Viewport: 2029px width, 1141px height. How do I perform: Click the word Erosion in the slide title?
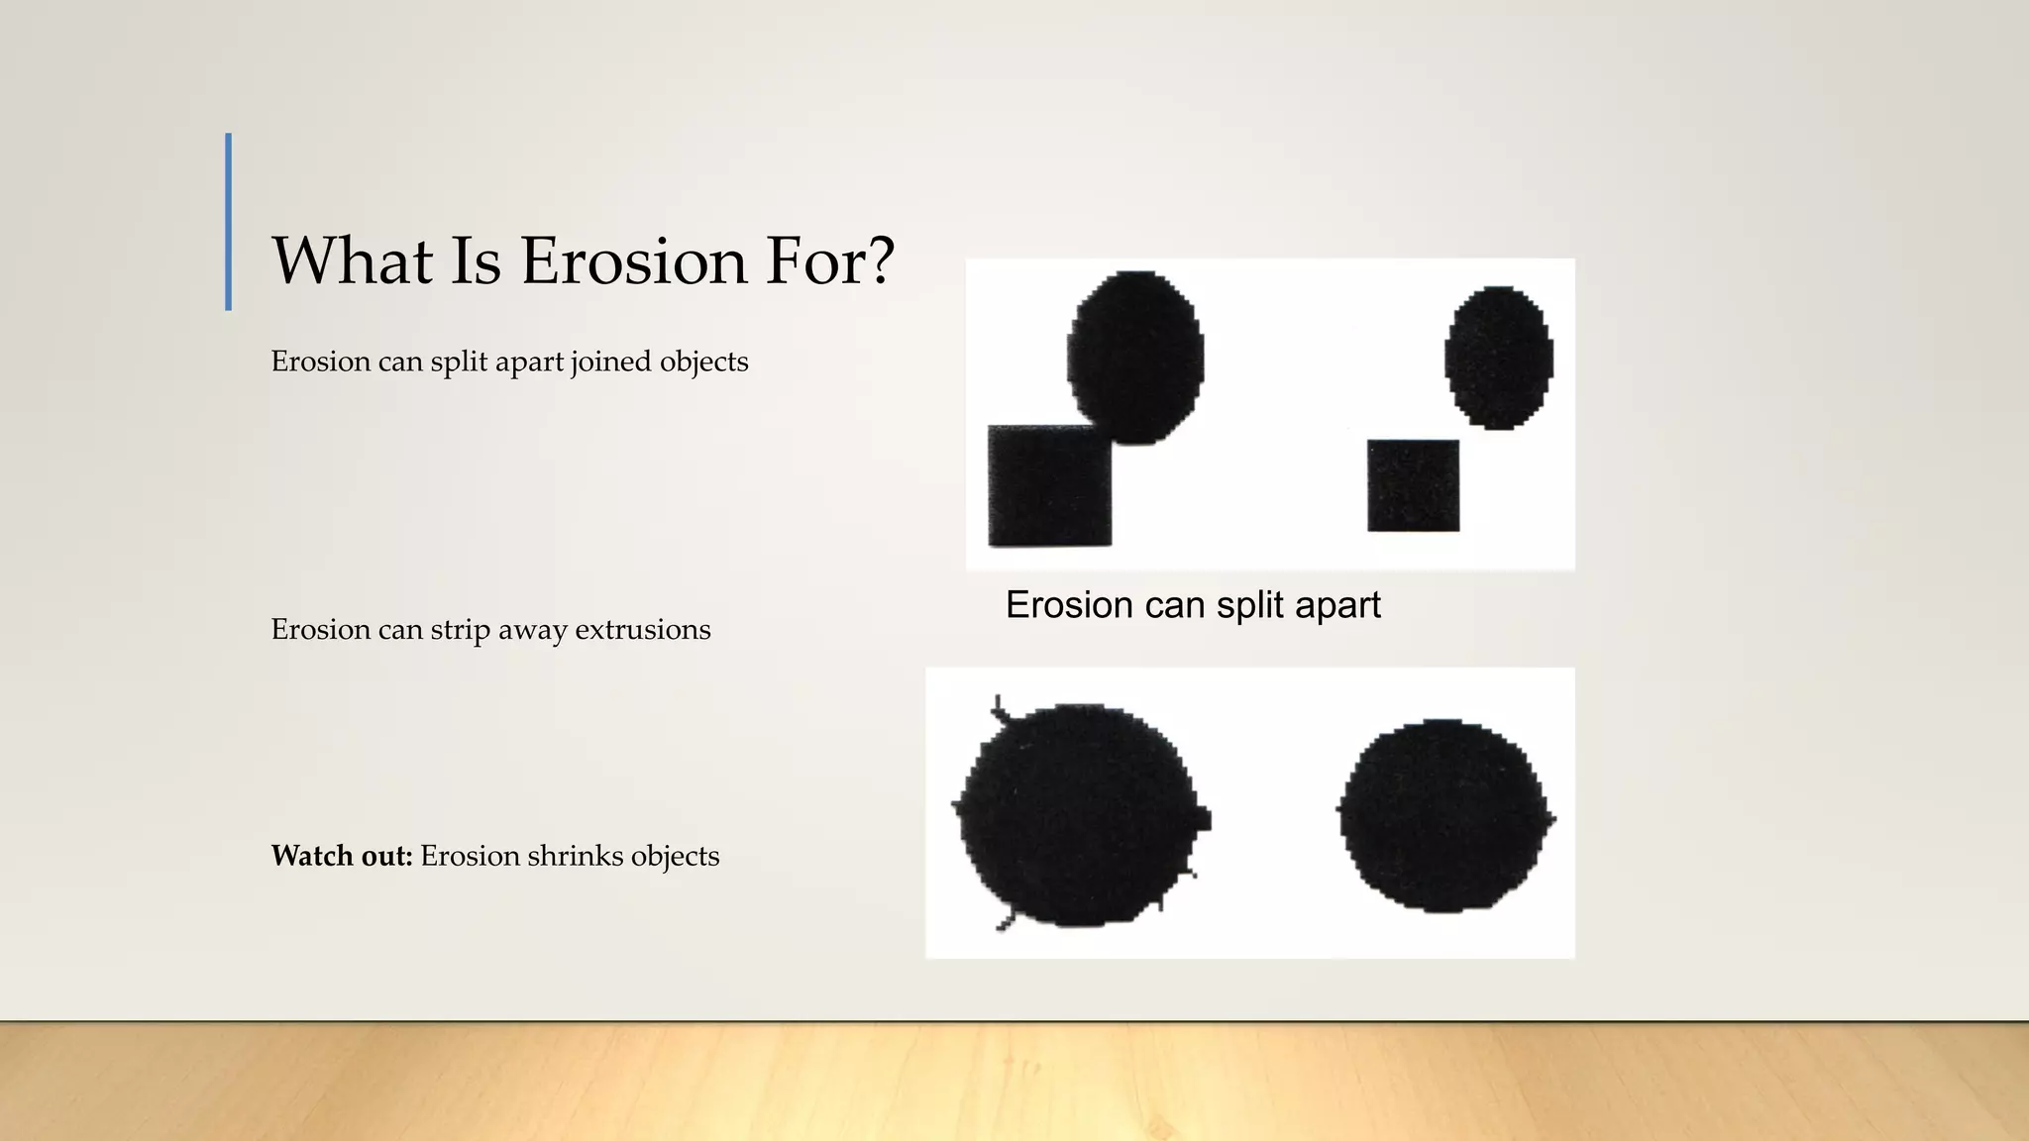633,261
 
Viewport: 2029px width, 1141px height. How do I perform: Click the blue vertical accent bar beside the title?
229,222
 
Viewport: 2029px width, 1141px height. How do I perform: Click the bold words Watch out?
342,856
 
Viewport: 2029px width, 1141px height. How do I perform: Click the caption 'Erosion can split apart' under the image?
1193,605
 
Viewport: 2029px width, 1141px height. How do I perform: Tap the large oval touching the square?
1135,357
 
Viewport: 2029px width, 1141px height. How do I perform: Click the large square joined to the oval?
1049,486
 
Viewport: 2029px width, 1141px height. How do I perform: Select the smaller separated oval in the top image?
1499,357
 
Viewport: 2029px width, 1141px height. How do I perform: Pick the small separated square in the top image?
1413,485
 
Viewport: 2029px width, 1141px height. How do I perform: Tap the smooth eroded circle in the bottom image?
1444,815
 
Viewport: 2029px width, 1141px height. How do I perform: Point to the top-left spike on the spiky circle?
1000,707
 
